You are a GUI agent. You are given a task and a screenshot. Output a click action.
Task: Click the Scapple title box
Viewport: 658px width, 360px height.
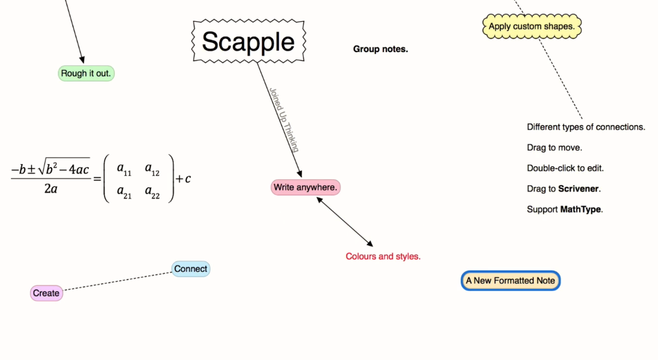[248, 42]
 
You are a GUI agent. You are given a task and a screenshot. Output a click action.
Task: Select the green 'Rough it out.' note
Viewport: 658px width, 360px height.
[86, 73]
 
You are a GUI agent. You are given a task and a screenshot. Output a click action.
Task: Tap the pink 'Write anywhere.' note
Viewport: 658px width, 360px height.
[306, 187]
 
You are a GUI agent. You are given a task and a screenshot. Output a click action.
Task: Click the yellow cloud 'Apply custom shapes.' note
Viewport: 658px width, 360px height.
[531, 26]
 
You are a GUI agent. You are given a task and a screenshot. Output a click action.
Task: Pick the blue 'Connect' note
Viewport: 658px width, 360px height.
[191, 269]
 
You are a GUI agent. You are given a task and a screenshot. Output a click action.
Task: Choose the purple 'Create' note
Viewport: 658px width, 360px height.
[46, 293]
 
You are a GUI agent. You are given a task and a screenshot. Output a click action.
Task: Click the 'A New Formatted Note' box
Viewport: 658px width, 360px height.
[510, 281]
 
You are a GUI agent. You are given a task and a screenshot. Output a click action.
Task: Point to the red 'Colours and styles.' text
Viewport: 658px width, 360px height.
[383, 256]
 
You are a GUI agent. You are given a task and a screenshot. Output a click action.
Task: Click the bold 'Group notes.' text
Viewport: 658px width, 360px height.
[381, 49]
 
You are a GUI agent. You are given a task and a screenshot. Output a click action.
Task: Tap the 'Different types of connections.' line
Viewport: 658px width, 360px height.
[586, 127]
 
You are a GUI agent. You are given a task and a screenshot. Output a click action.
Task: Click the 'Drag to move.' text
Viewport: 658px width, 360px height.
[554, 148]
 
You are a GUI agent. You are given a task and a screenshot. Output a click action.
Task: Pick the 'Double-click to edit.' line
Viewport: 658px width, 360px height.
[565, 168]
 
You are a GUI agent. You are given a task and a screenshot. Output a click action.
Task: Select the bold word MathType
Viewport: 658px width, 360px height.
[581, 209]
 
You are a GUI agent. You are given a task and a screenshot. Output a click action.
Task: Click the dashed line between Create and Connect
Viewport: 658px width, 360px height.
[117, 281]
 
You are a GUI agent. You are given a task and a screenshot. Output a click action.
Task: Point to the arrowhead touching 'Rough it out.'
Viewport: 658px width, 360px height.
[82, 59]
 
